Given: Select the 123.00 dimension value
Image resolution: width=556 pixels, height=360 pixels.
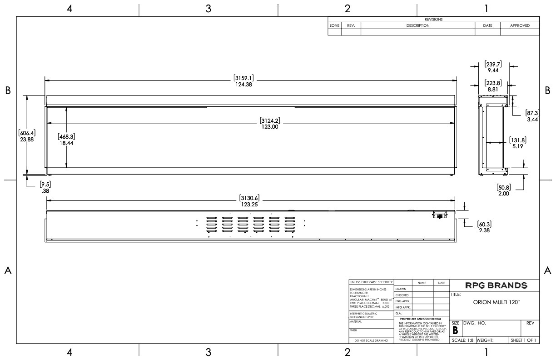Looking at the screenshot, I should [270, 127].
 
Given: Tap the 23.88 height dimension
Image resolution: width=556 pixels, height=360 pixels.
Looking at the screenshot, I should [27, 140].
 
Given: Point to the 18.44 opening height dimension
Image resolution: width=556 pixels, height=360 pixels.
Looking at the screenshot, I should [66, 143].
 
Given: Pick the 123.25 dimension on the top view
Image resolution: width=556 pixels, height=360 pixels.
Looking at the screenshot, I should [249, 205].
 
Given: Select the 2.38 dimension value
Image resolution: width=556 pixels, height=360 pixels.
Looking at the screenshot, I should [484, 230].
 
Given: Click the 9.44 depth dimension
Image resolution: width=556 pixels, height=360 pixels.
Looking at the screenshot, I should [492, 71].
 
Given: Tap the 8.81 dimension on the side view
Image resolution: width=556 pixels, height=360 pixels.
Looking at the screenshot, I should [492, 90].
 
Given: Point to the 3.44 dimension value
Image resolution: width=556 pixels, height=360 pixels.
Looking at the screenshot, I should [532, 120].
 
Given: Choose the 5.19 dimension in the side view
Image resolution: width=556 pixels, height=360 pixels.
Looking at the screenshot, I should [517, 146].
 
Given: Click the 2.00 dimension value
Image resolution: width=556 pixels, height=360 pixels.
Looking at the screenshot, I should [504, 193].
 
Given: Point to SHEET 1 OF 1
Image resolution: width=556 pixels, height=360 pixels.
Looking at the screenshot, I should [523, 340].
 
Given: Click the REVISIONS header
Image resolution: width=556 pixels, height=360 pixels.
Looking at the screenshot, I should [433, 20].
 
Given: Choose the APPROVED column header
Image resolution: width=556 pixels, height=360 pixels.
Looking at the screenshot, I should [520, 26].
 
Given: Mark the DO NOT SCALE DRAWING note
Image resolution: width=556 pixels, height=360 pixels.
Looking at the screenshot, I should [371, 340].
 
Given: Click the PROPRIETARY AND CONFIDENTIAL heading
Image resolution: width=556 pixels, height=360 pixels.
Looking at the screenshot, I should [421, 319].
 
